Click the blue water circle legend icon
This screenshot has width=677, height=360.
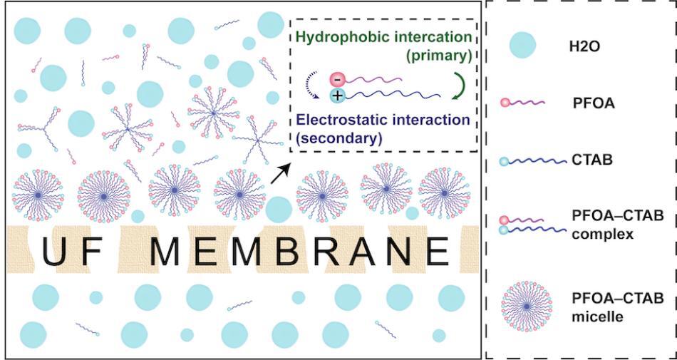point(522,46)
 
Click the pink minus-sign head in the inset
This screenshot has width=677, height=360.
point(337,79)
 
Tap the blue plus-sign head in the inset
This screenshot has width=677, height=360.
point(336,96)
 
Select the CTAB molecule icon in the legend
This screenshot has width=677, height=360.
point(531,161)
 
